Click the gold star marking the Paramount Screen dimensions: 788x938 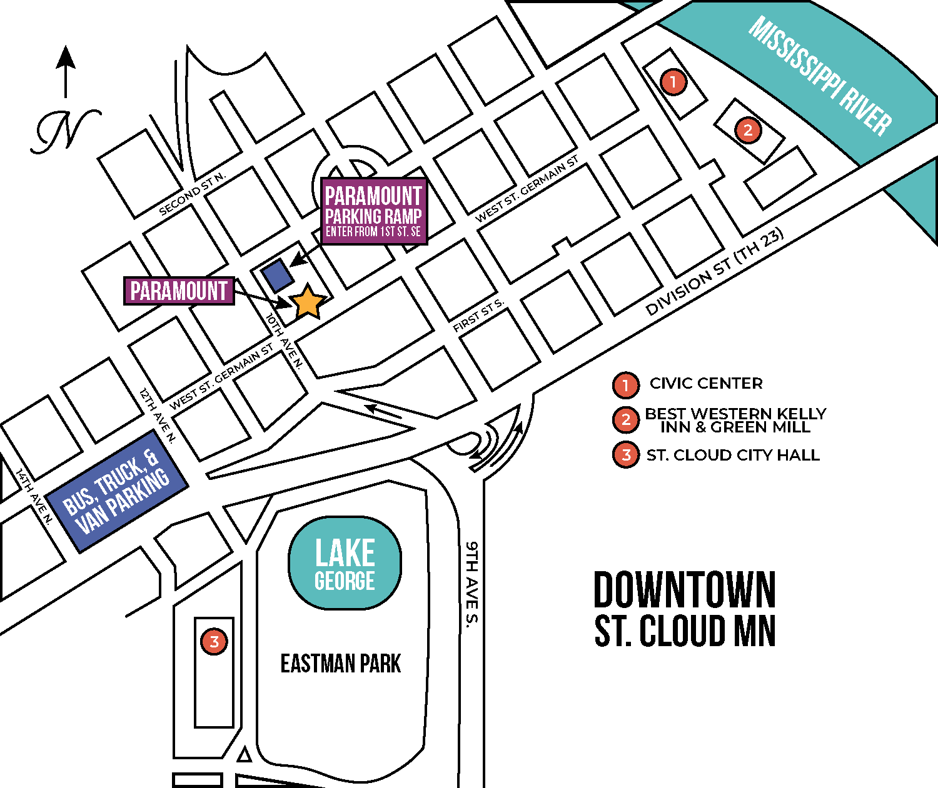(x=308, y=302)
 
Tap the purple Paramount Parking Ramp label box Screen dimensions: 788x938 (x=374, y=212)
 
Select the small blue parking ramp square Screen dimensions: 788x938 (x=277, y=276)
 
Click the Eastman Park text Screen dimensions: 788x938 (x=340, y=664)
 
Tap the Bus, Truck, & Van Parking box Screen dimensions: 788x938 (x=117, y=491)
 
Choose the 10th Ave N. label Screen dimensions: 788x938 (x=285, y=341)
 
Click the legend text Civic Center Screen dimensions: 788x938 (x=706, y=384)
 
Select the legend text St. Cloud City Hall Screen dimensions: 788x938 (x=733, y=455)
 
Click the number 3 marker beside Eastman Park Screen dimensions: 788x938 (x=214, y=641)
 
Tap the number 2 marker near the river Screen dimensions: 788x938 (x=748, y=131)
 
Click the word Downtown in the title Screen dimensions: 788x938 (x=685, y=590)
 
